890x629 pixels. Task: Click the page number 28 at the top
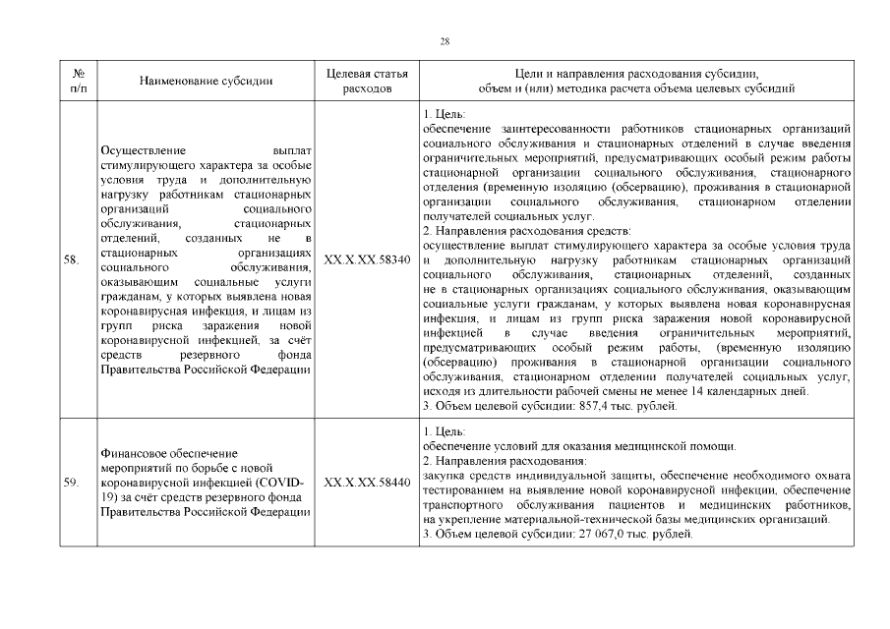click(445, 40)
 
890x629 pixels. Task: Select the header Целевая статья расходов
click(366, 81)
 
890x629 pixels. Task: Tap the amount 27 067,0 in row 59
click(604, 534)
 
